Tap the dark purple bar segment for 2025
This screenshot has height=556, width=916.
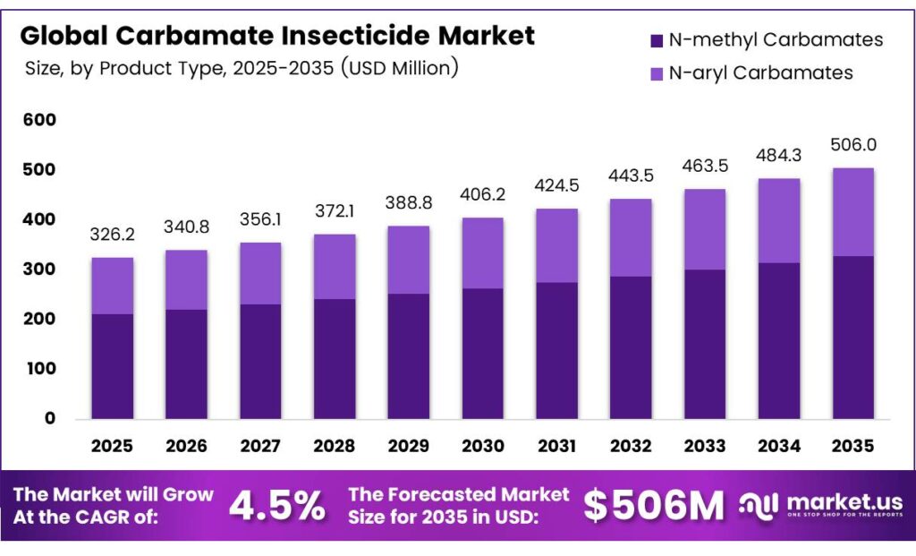tap(112, 365)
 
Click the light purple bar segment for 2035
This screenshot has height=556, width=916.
tap(852, 212)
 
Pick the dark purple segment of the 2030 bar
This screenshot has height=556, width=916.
tap(482, 353)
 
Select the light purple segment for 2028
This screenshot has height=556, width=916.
tap(334, 267)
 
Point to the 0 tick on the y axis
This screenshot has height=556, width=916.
tap(48, 418)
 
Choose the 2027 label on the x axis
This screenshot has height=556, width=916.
tap(260, 446)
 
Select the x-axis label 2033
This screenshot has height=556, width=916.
tap(704, 446)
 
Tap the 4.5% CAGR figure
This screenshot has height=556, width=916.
tap(276, 507)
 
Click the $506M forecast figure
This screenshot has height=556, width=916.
tap(653, 507)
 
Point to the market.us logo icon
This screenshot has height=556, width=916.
tap(757, 506)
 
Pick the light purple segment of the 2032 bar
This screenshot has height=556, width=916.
tap(631, 237)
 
